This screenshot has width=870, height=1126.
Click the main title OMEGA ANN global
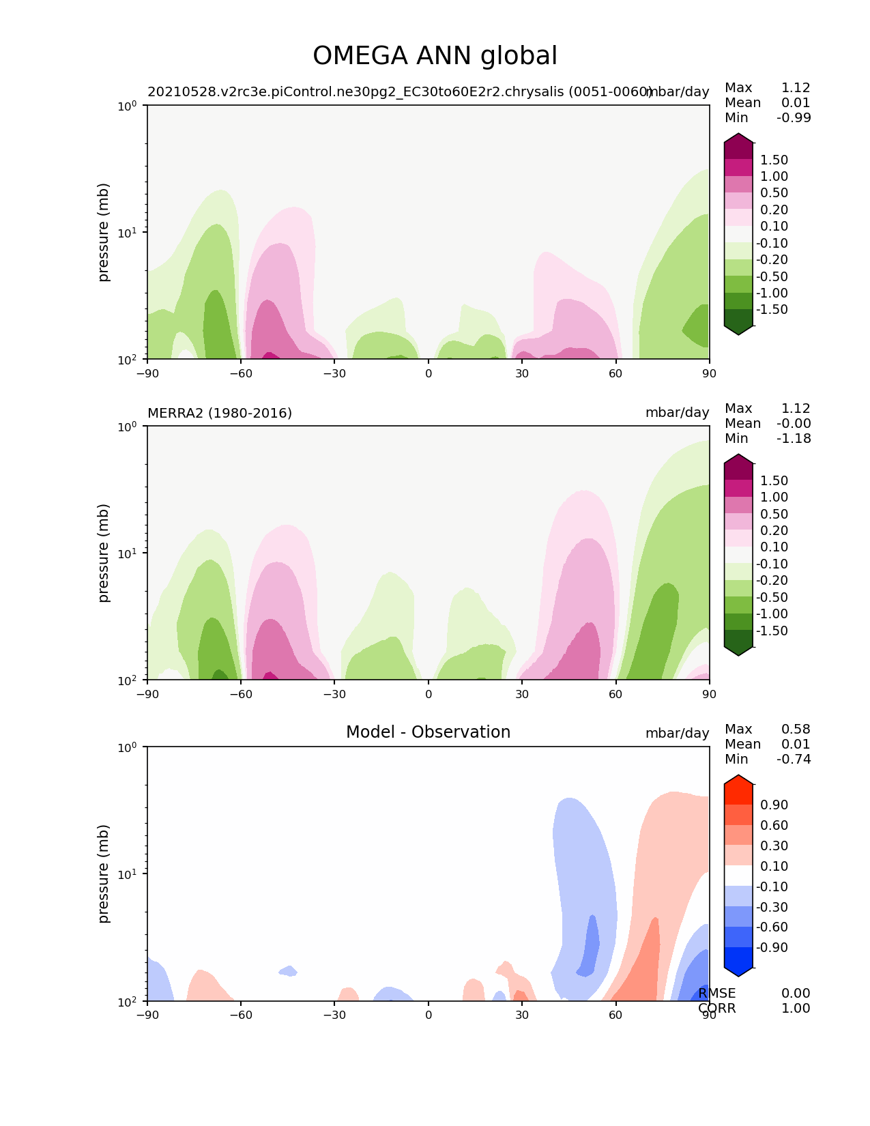435,57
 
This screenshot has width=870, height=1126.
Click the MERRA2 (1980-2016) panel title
220,414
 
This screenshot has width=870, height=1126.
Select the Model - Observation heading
428,732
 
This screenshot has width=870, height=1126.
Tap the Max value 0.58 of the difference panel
796,730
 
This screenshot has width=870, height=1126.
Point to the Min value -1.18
794,439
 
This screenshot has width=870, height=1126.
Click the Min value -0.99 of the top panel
794,118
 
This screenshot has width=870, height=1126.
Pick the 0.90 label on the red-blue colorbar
774,805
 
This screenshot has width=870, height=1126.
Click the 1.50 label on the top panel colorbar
774,160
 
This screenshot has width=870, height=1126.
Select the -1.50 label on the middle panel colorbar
772,631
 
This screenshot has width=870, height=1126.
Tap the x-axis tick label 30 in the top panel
522,373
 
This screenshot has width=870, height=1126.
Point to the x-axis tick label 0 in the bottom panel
429,1015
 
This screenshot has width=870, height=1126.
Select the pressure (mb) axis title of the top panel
104,232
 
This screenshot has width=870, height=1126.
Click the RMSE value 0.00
796,994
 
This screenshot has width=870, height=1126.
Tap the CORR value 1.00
796,1009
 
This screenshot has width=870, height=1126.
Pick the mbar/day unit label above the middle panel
677,414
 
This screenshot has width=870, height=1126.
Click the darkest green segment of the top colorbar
738,319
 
